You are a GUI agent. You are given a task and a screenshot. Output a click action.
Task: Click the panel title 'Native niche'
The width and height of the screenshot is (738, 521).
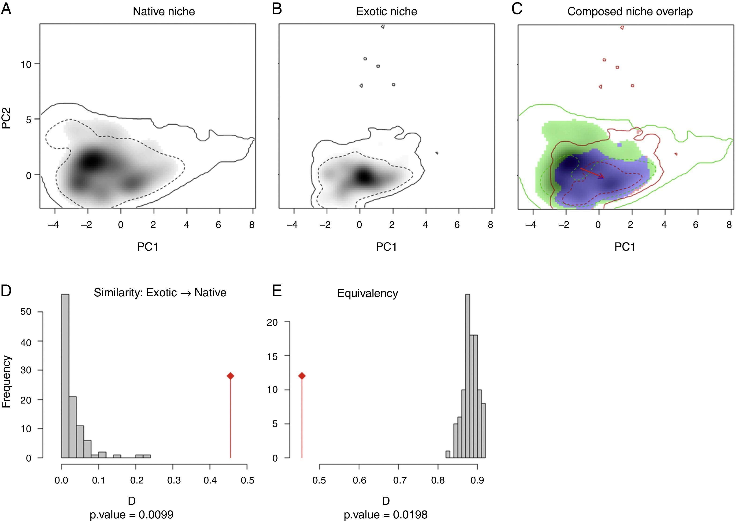coord(164,11)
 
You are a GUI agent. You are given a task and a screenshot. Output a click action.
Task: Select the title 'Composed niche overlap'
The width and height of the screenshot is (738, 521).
coord(630,11)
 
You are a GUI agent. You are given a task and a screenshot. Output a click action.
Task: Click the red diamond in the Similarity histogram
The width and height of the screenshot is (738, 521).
coord(230,376)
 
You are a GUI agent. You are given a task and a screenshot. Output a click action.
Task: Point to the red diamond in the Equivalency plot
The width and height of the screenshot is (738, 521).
coord(302,376)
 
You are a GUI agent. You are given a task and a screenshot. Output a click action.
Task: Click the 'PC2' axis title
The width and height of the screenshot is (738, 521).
coord(6,118)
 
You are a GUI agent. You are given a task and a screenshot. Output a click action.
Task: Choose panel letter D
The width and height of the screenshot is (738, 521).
coord(6,290)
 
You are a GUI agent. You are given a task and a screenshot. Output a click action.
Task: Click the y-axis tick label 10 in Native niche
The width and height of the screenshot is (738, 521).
coord(26,64)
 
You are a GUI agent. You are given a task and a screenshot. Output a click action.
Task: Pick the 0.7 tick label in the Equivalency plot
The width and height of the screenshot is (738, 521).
coord(399,481)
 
